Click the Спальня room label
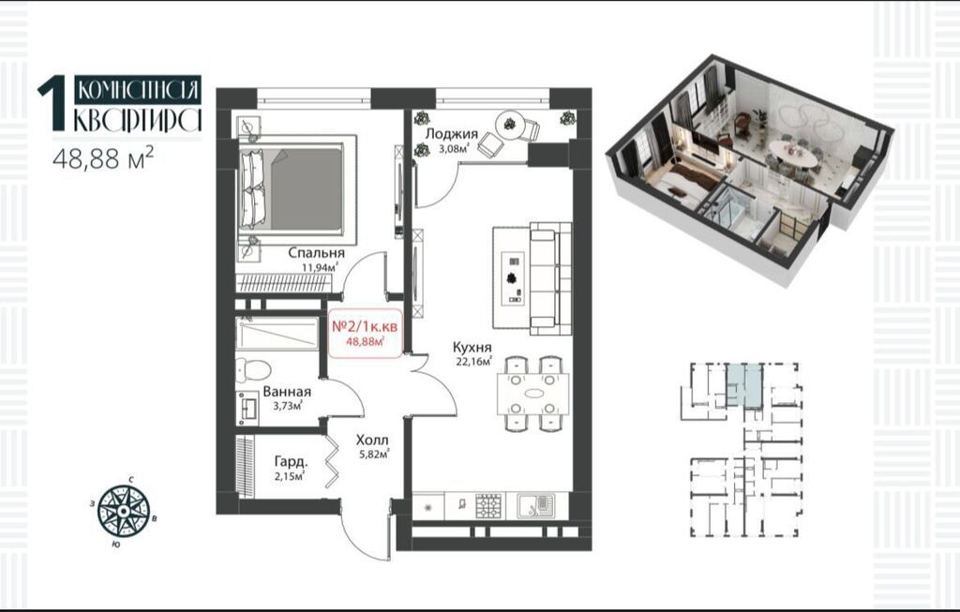316,253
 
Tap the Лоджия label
451,134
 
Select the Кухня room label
473,349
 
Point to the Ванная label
287,392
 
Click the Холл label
372,440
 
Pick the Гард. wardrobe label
291,462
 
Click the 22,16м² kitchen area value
473,362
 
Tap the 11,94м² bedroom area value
320,267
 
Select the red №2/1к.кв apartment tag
366,333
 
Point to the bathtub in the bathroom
277,334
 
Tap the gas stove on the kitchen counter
489,505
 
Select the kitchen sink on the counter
535,505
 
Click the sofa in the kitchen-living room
550,277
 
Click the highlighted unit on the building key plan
745,385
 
